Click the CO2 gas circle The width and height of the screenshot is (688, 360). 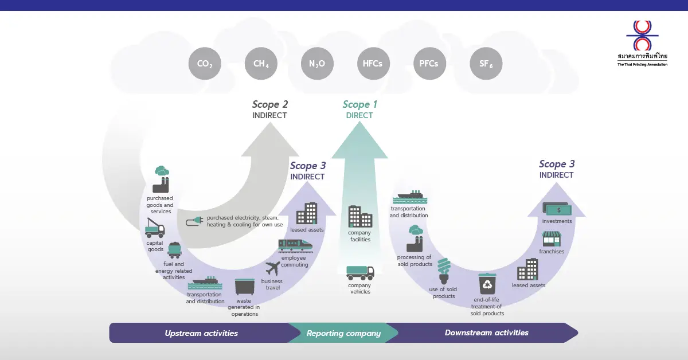click(x=205, y=64)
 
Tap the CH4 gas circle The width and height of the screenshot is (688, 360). click(x=261, y=64)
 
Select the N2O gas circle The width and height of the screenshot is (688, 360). click(x=317, y=64)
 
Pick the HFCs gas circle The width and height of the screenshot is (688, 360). click(x=373, y=64)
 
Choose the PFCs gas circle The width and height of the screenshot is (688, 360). click(x=429, y=64)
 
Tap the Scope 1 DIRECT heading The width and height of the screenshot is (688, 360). click(x=359, y=109)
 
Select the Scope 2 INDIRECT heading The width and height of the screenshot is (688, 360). click(x=269, y=109)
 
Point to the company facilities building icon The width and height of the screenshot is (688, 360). click(x=360, y=217)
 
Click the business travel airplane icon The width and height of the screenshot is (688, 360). click(x=272, y=268)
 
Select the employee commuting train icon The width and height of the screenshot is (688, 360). click(x=295, y=245)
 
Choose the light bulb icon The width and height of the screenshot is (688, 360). click(x=444, y=271)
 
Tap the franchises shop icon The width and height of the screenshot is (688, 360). click(x=551, y=239)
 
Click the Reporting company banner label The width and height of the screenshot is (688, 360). click(x=343, y=333)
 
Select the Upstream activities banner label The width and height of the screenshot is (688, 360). click(x=201, y=333)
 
